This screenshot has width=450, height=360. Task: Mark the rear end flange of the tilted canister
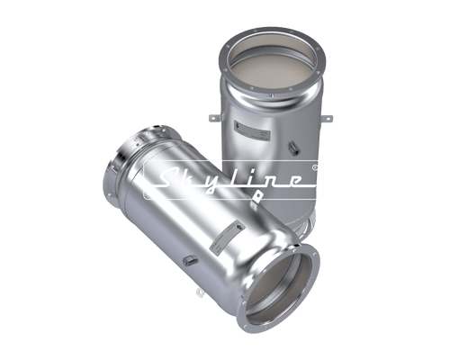click(x=126, y=161)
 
